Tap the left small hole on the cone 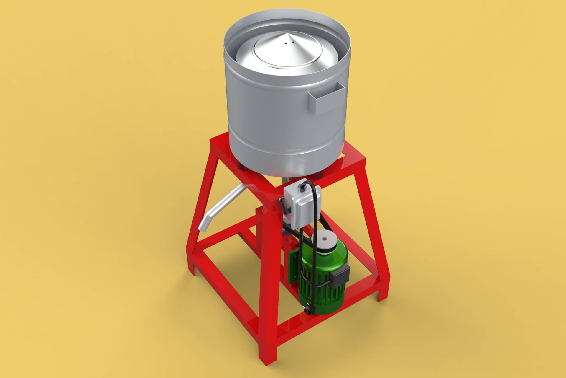tap(285, 43)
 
